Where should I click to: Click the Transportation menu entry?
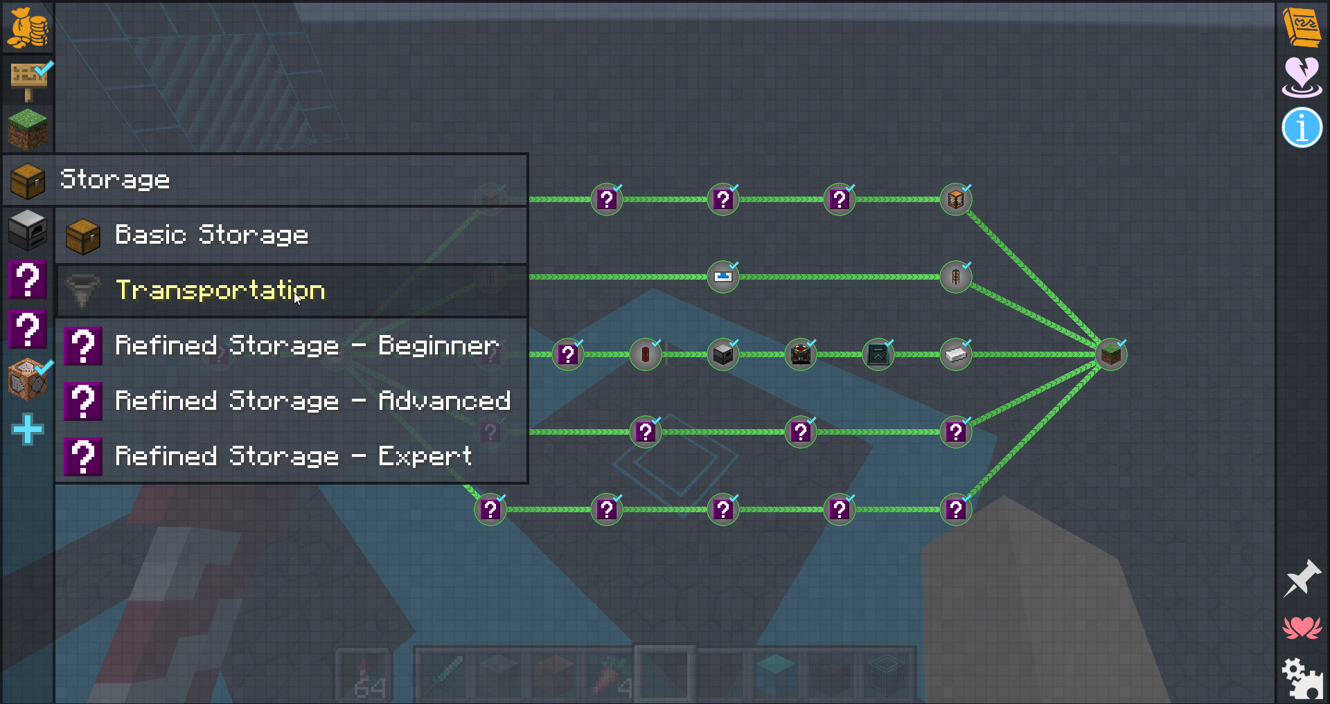[x=220, y=290]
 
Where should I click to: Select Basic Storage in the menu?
[x=211, y=235]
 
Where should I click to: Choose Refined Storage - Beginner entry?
[x=306, y=345]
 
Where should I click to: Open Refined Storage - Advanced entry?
[x=312, y=401]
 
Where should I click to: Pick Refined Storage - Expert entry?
[x=293, y=456]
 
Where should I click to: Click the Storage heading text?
[x=115, y=179]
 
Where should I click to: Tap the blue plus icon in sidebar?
[x=28, y=429]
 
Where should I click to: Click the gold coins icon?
[x=28, y=28]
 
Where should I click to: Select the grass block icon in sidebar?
[x=28, y=129]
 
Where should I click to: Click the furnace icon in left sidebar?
[x=28, y=229]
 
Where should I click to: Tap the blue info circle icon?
[x=1302, y=128]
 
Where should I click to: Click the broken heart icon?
[x=1302, y=77]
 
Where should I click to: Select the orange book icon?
[x=1302, y=26]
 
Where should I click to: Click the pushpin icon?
[x=1302, y=578]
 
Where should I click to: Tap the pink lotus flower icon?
[x=1302, y=628]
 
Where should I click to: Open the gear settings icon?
[x=1302, y=678]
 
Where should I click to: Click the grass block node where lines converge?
[x=1111, y=354]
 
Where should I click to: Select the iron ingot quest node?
[x=956, y=354]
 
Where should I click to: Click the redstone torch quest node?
[x=646, y=354]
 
